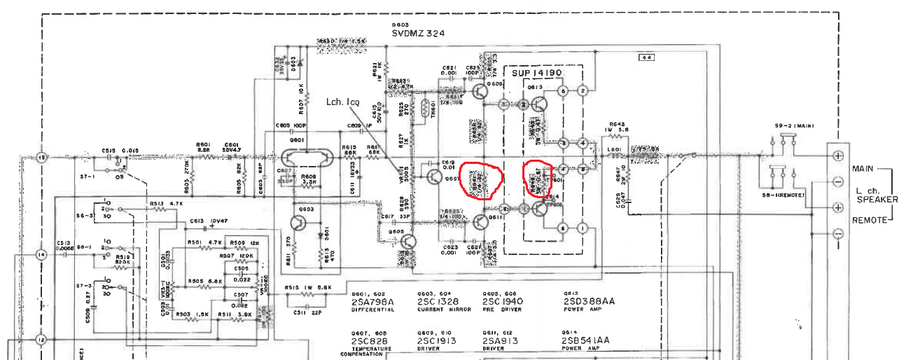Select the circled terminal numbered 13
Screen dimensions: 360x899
click(x=41, y=158)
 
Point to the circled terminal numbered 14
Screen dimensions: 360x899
click(x=41, y=254)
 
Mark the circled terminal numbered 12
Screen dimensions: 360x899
click(x=41, y=340)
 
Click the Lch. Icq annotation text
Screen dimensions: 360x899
click(x=343, y=102)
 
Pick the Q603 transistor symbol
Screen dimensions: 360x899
click(x=298, y=223)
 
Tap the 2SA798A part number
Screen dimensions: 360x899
click(x=373, y=302)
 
